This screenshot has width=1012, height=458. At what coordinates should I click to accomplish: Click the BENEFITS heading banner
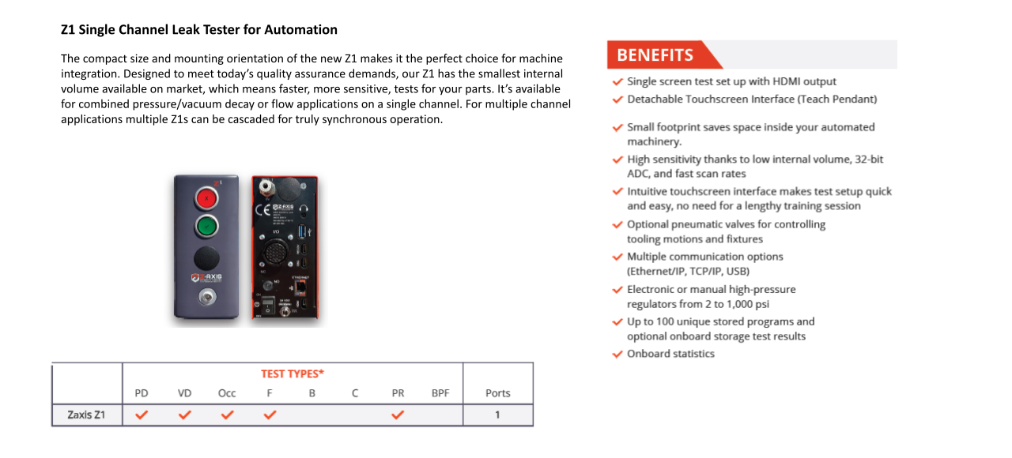[655, 55]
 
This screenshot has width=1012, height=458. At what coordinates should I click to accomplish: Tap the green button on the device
[207, 227]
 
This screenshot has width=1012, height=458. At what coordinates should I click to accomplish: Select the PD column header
[142, 393]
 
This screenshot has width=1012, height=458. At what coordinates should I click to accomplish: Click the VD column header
[184, 393]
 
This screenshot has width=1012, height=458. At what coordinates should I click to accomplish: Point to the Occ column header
[227, 393]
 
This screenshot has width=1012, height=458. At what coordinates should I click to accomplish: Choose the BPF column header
[440, 393]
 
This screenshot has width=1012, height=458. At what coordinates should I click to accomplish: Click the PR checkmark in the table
[398, 414]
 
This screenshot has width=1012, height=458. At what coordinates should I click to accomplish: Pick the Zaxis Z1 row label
[86, 415]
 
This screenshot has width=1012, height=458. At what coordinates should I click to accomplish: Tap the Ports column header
[497, 393]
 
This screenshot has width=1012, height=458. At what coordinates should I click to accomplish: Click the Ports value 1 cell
[497, 415]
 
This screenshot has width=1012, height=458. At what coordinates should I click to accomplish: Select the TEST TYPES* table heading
[293, 374]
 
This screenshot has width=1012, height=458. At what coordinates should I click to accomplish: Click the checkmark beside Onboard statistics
[617, 354]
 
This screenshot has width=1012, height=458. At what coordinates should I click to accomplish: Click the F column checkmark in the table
[270, 414]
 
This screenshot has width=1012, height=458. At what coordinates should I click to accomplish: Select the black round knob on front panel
[207, 257]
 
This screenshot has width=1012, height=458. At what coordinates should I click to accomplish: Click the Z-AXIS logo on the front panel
[207, 278]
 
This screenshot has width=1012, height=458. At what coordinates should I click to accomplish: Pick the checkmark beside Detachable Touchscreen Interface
[617, 99]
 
